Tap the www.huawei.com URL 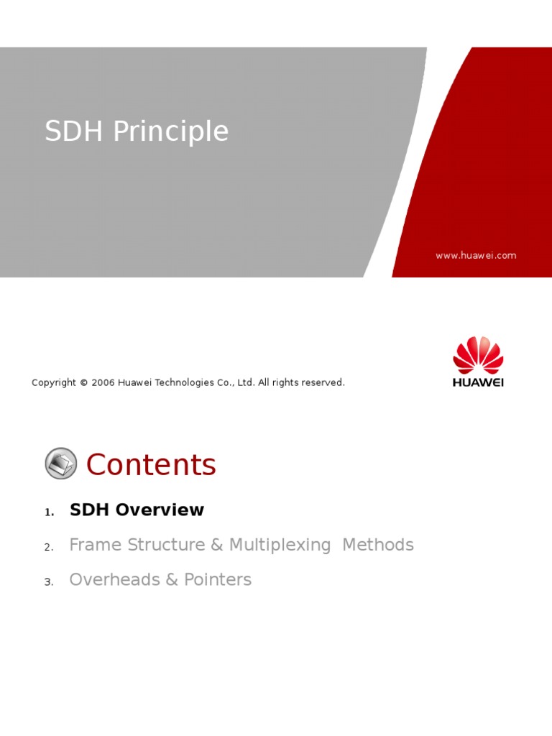coord(475,256)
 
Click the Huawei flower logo coord(478,354)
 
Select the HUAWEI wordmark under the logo coord(478,382)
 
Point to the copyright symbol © coord(83,383)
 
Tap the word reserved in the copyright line coord(323,383)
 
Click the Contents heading coord(151,465)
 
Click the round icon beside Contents coord(61,464)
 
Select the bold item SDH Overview coord(137,510)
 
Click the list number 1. coord(49,512)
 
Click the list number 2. coord(49,548)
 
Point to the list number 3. coord(49,582)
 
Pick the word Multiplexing coord(280,546)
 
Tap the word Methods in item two coord(378,546)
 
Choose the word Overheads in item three coord(114,580)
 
